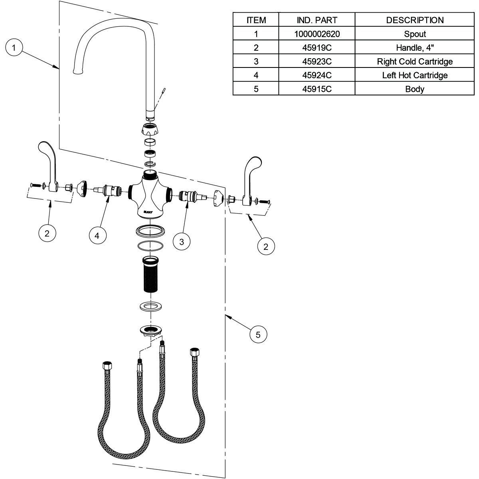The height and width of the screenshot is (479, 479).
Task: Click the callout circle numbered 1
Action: click(x=14, y=48)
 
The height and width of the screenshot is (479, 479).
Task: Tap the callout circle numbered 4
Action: click(x=97, y=236)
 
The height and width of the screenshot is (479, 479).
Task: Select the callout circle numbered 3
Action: click(x=182, y=242)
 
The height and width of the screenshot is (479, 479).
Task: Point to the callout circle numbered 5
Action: click(x=258, y=335)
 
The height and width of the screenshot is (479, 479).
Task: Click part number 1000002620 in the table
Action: click(x=317, y=34)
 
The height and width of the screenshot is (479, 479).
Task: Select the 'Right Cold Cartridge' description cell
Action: click(x=414, y=61)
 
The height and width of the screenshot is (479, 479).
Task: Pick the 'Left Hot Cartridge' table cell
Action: click(x=414, y=75)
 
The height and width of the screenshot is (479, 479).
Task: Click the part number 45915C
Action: click(x=317, y=89)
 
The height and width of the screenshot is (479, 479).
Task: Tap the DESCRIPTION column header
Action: click(x=414, y=20)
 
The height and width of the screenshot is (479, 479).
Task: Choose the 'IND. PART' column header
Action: click(x=317, y=20)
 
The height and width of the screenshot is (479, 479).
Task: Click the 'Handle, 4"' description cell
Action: click(x=414, y=48)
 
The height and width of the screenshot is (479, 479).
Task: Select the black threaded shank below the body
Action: click(x=150, y=275)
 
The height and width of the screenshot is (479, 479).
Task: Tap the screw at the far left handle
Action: click(x=35, y=185)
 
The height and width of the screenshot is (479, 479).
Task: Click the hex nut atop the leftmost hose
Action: click(x=107, y=366)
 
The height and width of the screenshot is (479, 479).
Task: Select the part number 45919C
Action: click(x=317, y=48)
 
